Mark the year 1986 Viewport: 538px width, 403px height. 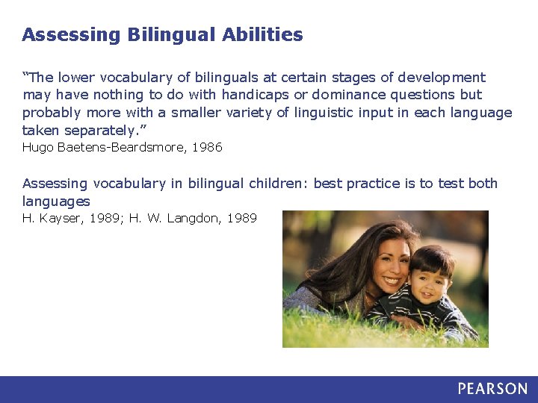tap(207, 147)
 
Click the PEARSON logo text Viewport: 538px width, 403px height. tap(492, 389)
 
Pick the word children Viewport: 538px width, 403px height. tap(279, 184)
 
